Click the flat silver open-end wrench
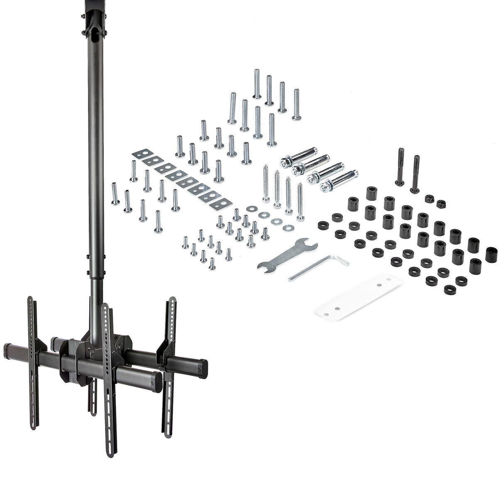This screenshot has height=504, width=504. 286,254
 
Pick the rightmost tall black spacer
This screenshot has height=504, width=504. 492,254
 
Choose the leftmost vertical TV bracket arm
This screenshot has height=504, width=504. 32,361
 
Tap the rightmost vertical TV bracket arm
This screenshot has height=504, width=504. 169,365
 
